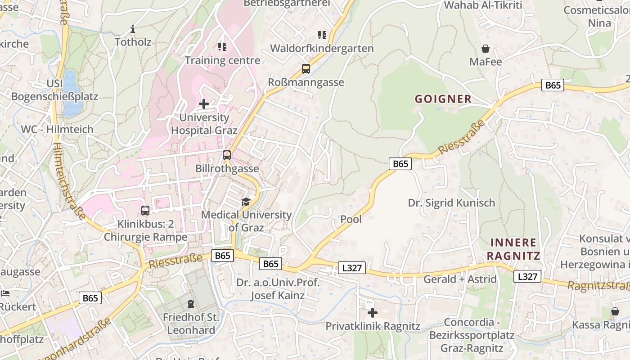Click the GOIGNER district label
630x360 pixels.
pyautogui.click(x=443, y=99)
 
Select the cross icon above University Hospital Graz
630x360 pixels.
pyautogui.click(x=204, y=104)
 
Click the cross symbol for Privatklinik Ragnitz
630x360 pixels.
pyautogui.click(x=372, y=312)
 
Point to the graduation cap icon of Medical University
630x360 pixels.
pyautogui.click(x=246, y=202)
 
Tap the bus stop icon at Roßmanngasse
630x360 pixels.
pyautogui.click(x=306, y=69)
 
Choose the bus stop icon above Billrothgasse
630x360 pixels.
pyautogui.click(x=227, y=155)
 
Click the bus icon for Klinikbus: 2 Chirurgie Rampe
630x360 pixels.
pyautogui.click(x=145, y=210)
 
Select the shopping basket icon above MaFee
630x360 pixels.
pyautogui.click(x=486, y=49)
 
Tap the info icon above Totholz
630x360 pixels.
pyautogui.click(x=132, y=30)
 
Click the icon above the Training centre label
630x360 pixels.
pyautogui.click(x=222, y=46)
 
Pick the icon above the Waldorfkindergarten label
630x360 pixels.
pyautogui.click(x=322, y=35)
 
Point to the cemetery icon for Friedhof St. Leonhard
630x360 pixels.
pyautogui.click(x=190, y=304)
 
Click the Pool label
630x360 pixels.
pyautogui.click(x=351, y=219)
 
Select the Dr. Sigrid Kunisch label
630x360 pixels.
pyautogui.click(x=451, y=202)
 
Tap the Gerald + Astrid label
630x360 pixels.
pyautogui.click(x=460, y=279)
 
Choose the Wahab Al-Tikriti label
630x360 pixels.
pyautogui.click(x=483, y=5)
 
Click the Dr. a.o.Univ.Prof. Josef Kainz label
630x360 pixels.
pyautogui.click(x=278, y=289)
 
